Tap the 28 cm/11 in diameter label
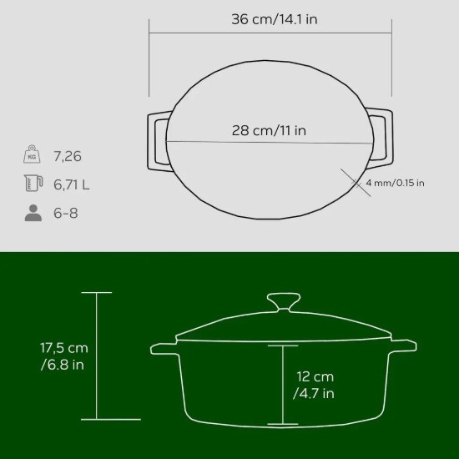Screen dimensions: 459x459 269,130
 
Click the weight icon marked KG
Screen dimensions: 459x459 33,155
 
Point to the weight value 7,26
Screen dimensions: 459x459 67,156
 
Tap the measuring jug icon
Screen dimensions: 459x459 33,184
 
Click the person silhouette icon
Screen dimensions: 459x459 33,213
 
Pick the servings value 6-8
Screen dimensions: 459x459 67,213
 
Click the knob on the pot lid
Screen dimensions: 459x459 283,301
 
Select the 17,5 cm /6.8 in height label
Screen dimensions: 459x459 65,356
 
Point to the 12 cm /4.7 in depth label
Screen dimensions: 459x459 314,386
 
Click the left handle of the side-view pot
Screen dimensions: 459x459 163,346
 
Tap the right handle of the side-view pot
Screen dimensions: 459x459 403,346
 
